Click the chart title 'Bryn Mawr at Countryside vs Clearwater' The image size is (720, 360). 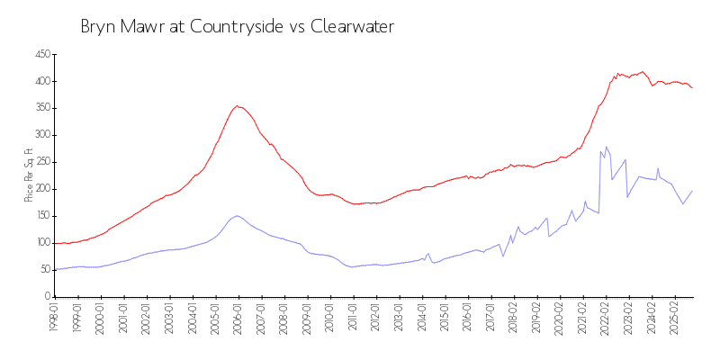237,27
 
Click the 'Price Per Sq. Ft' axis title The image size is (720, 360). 29,175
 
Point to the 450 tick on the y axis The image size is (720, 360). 40,55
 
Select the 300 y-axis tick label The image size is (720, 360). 40,135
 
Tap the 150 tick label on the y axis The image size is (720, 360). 40,216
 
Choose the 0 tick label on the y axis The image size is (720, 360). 46,296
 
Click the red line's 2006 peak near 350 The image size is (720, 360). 237,105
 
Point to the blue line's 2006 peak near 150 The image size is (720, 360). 237,215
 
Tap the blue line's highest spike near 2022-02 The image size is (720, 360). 607,146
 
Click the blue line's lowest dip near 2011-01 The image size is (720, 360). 352,267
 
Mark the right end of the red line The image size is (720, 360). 692,87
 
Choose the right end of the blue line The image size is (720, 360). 692,191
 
